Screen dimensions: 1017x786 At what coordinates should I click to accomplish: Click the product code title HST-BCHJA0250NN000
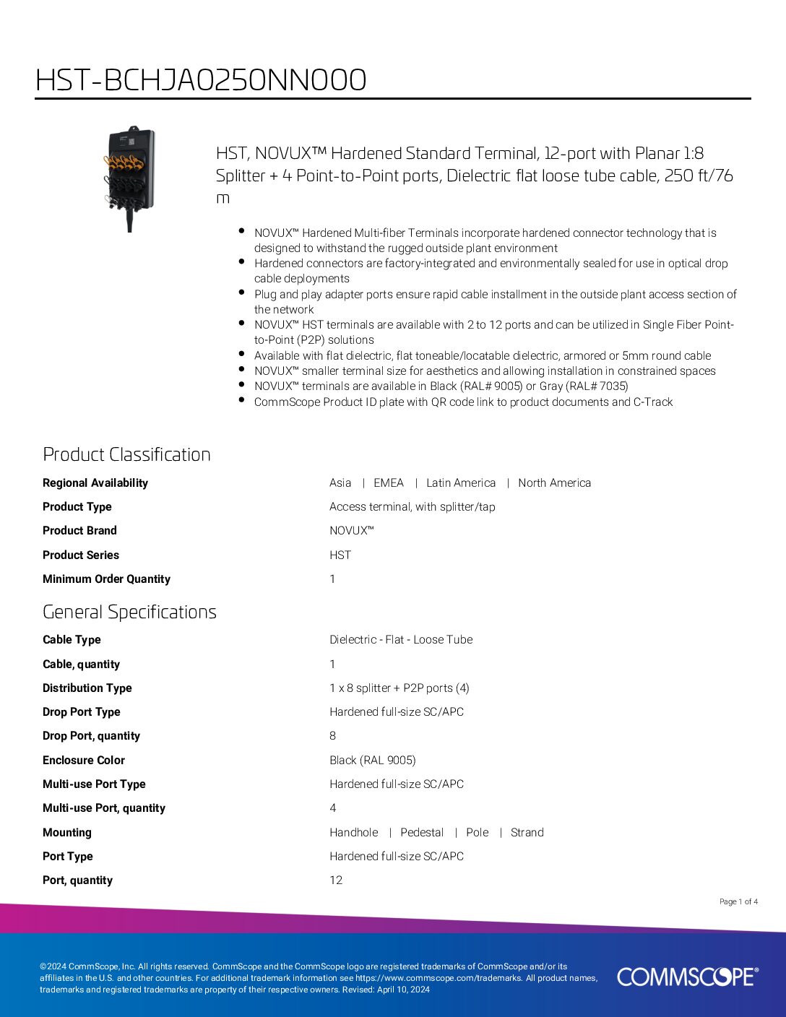(x=201, y=80)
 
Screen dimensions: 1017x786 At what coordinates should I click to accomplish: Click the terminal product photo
(x=130, y=179)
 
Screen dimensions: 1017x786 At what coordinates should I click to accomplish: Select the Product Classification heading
(x=126, y=454)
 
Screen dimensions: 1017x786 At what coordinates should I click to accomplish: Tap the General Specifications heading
(x=129, y=612)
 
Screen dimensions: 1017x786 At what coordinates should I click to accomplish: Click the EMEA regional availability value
(x=389, y=483)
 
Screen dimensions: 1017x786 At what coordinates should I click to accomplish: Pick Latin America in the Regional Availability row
(x=461, y=483)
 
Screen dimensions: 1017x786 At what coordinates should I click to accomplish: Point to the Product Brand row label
(x=79, y=531)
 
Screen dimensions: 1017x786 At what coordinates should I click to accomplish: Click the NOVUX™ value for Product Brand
(x=351, y=531)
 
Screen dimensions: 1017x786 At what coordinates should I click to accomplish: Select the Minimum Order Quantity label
(x=106, y=579)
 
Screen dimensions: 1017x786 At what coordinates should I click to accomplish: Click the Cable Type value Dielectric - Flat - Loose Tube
(x=401, y=640)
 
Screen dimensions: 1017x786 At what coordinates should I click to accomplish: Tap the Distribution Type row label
(x=87, y=688)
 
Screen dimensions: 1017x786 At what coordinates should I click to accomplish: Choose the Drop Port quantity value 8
(x=333, y=736)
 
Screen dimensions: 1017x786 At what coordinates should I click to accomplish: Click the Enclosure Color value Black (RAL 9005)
(x=373, y=761)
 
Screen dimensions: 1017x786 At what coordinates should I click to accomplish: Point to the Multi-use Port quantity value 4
(x=333, y=808)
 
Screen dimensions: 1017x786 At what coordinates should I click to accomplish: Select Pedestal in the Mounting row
(x=422, y=833)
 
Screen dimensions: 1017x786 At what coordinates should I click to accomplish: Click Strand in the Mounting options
(x=527, y=833)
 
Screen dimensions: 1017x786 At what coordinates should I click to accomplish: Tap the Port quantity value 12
(x=336, y=880)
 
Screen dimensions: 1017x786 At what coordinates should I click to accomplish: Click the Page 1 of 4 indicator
(x=738, y=901)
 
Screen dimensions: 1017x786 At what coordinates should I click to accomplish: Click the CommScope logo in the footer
(x=687, y=977)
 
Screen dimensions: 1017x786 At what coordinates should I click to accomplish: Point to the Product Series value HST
(x=340, y=555)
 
